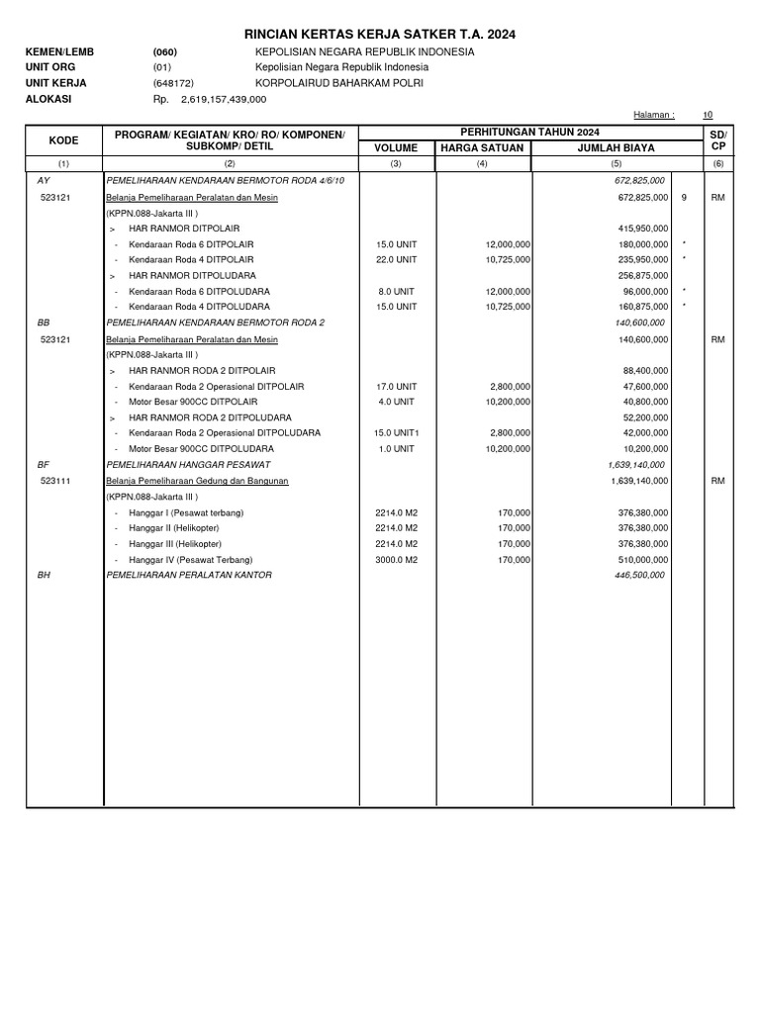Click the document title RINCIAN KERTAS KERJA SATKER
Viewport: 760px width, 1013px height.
(380, 35)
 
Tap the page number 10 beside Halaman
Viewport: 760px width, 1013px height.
(707, 116)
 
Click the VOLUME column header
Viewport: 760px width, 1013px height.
(396, 147)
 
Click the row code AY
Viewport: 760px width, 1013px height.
(43, 182)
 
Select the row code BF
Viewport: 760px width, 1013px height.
(43, 464)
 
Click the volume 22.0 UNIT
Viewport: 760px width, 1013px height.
(396, 259)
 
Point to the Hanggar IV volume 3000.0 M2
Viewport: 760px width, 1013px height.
(397, 559)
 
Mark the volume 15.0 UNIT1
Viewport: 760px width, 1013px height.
(398, 432)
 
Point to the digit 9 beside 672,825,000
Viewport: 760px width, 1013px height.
(685, 198)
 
